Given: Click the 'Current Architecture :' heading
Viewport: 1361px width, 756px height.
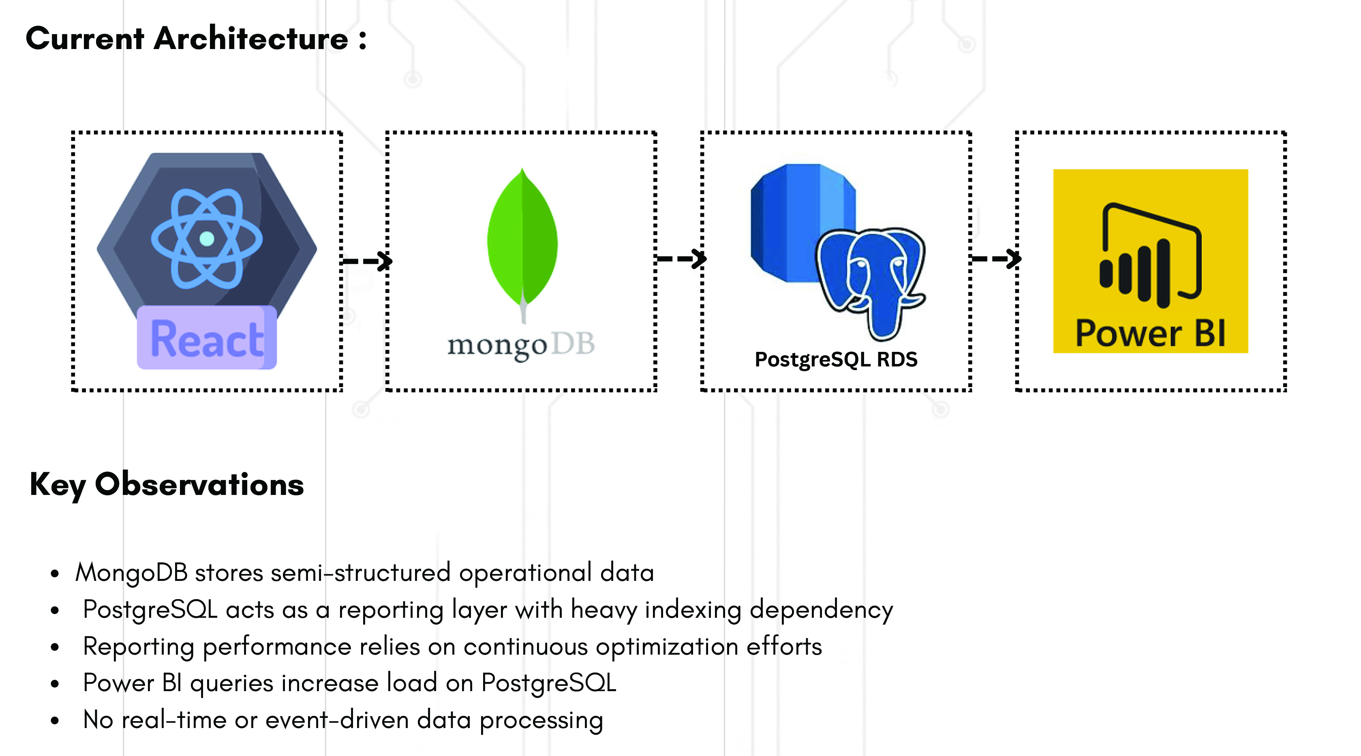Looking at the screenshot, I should point(195,39).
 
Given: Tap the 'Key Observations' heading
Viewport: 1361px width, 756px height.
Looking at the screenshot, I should point(167,484).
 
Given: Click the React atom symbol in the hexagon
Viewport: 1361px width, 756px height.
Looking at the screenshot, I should point(207,239).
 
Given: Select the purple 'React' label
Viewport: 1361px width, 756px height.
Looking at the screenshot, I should point(207,338).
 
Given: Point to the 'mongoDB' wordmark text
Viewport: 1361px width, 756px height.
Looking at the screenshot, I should point(521,345).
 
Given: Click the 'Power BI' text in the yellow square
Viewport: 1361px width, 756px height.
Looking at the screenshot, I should point(1150,334).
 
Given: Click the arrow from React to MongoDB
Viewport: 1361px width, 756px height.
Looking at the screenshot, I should point(367,261).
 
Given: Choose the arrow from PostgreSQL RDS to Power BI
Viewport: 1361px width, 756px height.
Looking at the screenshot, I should point(995,259).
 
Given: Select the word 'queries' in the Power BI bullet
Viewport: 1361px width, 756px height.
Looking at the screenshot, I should point(231,683).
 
